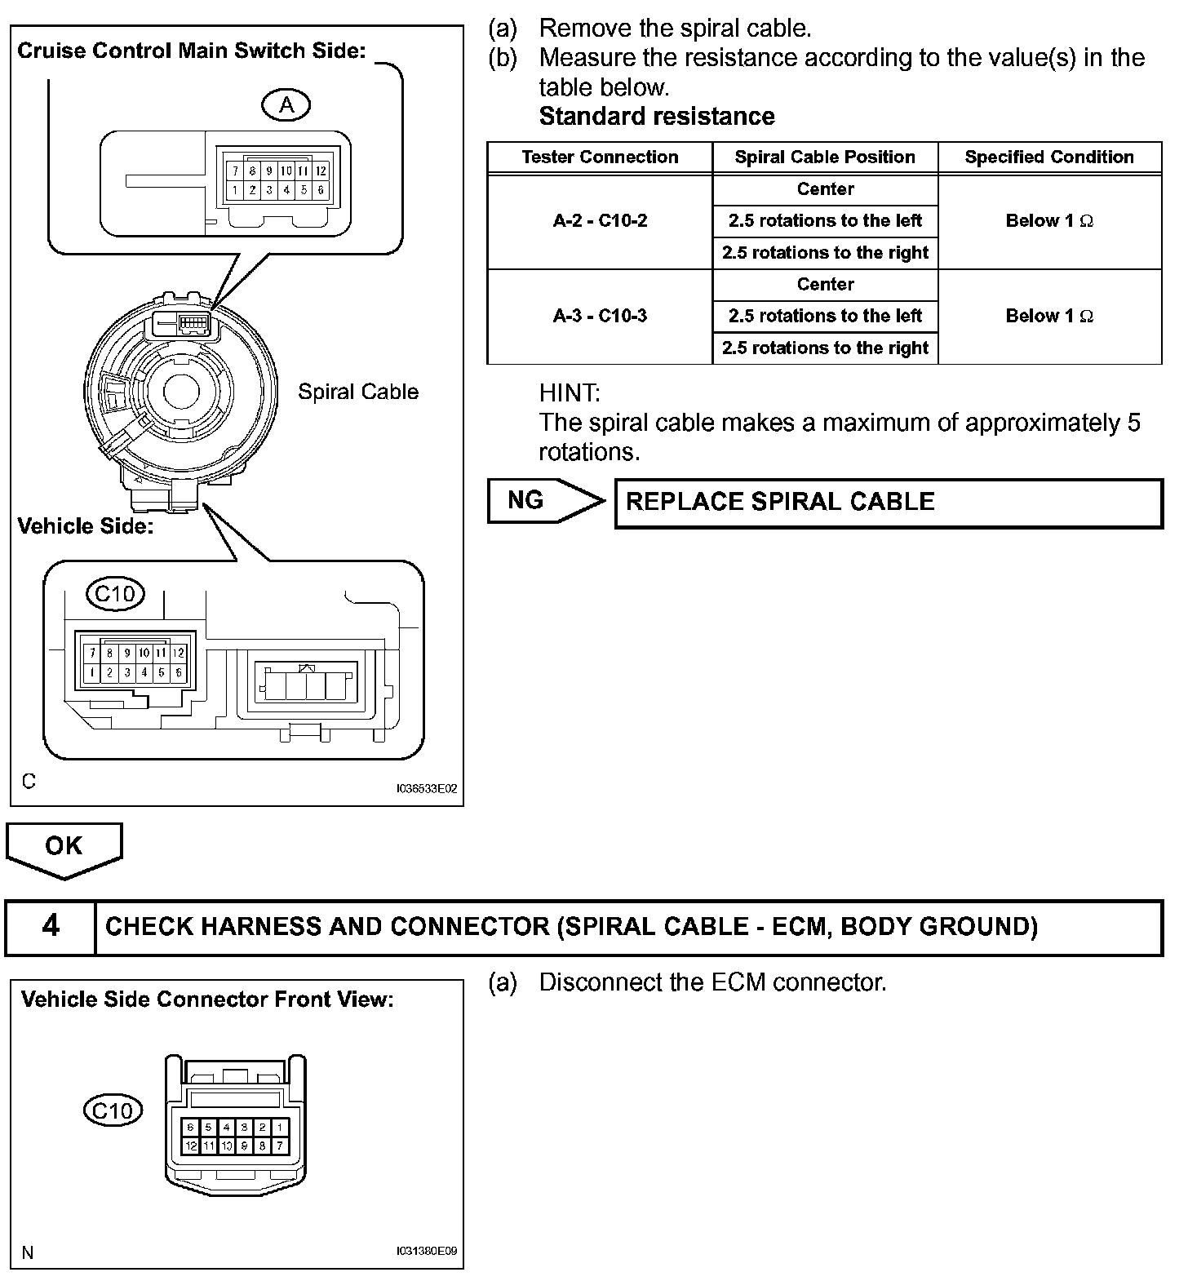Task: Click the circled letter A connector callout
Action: pos(286,104)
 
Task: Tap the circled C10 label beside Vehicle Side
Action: pos(115,593)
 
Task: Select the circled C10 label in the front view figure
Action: pos(113,1110)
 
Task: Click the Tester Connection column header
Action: pos(600,157)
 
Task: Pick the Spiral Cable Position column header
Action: pos(825,157)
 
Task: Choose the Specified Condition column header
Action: pos(1049,157)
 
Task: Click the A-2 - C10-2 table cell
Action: pos(600,221)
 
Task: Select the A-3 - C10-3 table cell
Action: pos(600,317)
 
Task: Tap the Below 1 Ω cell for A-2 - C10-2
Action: pos(1049,221)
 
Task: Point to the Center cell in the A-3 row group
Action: pos(825,285)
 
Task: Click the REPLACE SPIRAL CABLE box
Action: pos(888,503)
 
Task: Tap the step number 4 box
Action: pos(51,927)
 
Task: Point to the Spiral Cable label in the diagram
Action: pos(357,392)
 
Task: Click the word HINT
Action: pos(569,393)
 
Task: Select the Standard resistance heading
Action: pos(657,117)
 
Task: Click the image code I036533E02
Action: pos(425,789)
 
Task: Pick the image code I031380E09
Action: pos(425,1251)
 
